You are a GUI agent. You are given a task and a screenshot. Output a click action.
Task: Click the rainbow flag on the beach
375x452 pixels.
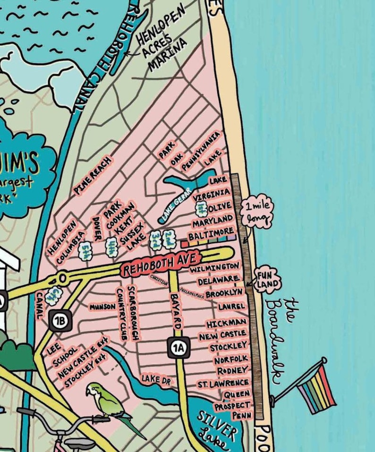[x=316, y=385]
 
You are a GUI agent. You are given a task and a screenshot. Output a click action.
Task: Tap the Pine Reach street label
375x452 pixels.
[x=93, y=176]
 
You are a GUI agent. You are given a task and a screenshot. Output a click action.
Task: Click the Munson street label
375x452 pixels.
[x=102, y=307]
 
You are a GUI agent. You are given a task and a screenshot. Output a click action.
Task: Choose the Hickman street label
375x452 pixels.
[x=226, y=324]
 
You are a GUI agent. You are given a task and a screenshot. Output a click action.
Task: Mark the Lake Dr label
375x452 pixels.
[x=156, y=379]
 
